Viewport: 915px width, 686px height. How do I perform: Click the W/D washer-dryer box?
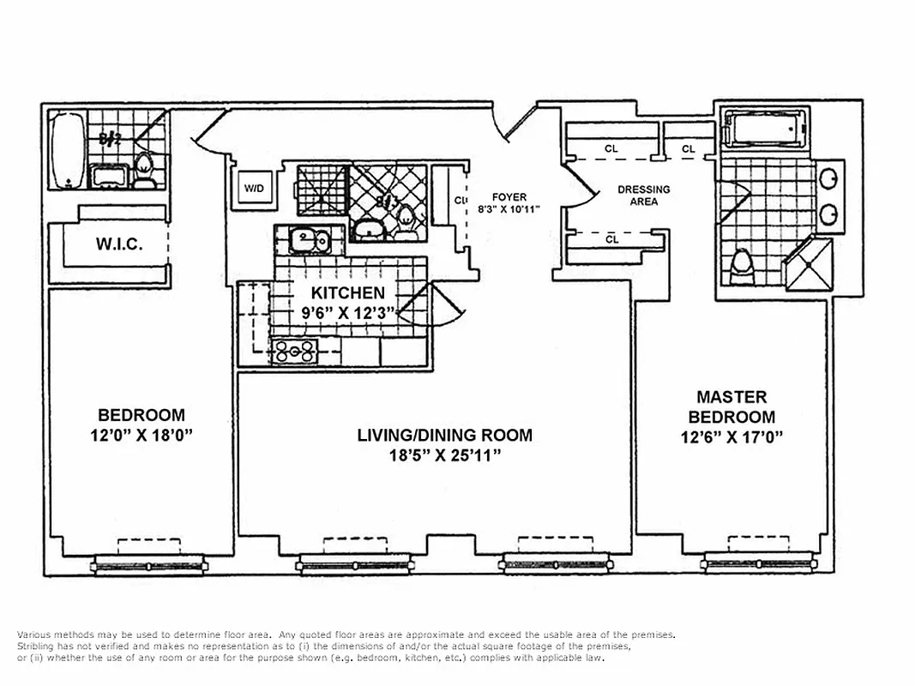pos(255,188)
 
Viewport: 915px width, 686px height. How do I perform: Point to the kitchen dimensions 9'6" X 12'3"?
pos(347,313)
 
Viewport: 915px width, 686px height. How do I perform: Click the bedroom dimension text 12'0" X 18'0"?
pos(141,435)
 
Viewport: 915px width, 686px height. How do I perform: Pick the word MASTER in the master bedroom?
pos(731,397)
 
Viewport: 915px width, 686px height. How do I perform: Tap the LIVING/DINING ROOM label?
pos(444,435)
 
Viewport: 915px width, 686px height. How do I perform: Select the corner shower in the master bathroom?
pos(810,265)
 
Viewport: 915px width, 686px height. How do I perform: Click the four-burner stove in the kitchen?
pos(294,350)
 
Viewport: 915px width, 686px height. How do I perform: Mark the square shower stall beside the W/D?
pos(321,189)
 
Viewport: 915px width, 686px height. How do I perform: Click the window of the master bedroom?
pos(757,563)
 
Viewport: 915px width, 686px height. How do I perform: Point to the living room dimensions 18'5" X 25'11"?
pos(444,455)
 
